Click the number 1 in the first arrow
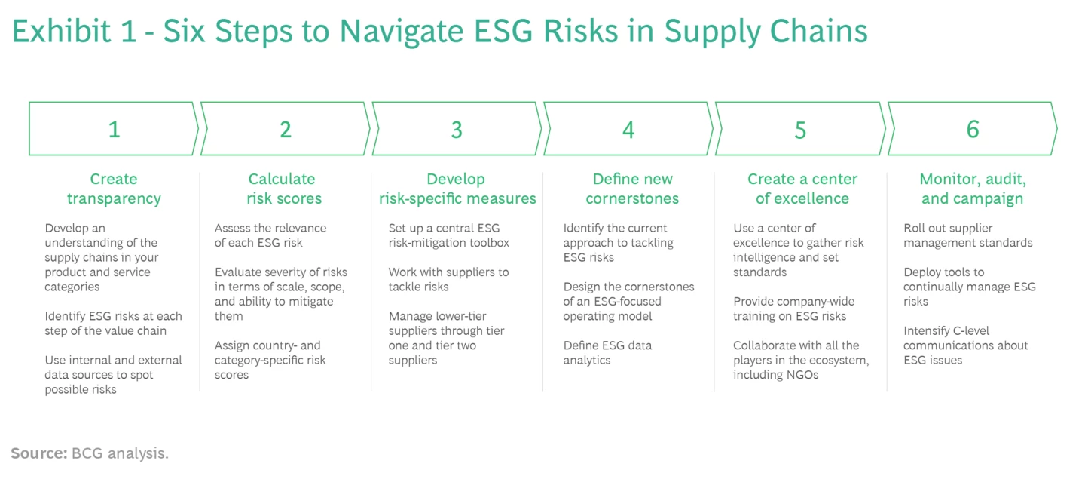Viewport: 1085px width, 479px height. [114, 130]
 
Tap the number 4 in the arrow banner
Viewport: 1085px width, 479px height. [628, 130]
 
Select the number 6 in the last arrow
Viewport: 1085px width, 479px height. [972, 130]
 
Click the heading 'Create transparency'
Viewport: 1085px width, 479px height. [114, 189]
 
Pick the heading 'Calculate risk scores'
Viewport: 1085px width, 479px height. [284, 189]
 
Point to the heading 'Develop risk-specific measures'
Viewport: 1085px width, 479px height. [457, 189]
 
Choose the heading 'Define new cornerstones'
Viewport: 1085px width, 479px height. [631, 189]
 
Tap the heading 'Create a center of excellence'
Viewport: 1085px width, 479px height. [802, 189]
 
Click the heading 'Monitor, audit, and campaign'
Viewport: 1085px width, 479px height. [972, 189]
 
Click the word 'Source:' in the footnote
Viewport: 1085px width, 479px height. [38, 453]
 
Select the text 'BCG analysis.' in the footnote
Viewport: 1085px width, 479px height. [120, 453]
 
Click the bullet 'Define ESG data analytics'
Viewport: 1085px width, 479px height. [607, 352]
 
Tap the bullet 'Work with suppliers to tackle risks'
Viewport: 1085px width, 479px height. [448, 279]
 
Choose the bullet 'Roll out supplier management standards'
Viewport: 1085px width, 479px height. [967, 235]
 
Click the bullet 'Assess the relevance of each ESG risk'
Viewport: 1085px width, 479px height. [270, 235]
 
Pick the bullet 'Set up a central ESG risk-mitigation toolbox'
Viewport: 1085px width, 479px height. [448, 235]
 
